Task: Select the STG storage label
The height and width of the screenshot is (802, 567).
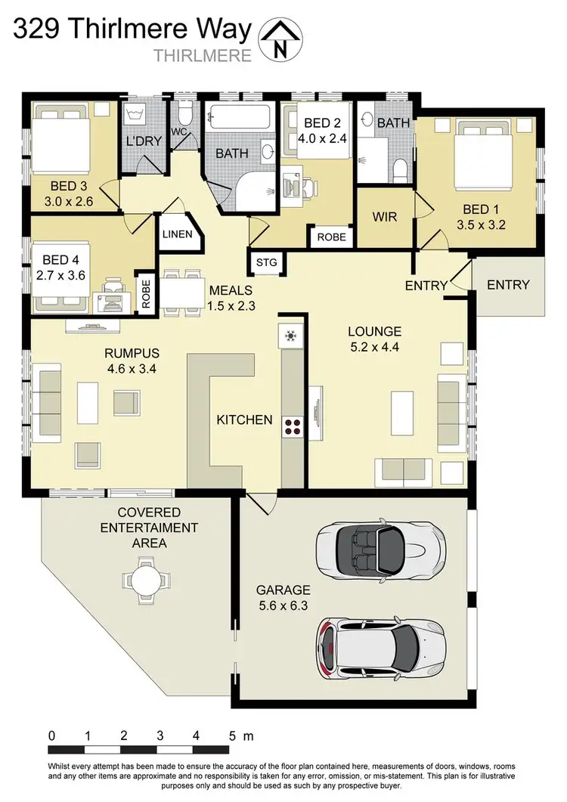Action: pos(267,262)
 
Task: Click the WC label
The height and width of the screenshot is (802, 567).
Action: pos(180,132)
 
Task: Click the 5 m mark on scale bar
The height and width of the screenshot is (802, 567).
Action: pos(231,735)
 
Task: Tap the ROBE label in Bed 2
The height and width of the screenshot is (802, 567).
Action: pos(331,237)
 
